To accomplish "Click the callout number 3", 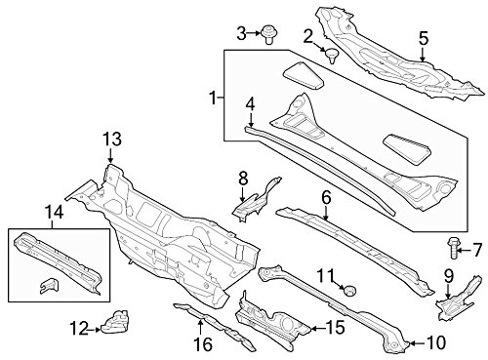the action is [241, 33].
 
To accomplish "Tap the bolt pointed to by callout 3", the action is [267, 34].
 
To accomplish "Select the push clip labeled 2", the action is [332, 56].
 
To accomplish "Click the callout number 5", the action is [424, 38].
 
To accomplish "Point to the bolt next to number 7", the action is [453, 248].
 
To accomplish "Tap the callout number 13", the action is [112, 140].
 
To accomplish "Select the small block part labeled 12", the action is [115, 322].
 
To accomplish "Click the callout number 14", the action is [54, 213].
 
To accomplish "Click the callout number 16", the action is [203, 344].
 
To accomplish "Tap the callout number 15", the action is [335, 327].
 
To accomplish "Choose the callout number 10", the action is [435, 342].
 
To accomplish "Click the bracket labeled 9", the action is [459, 298].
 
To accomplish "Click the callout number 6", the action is [326, 197].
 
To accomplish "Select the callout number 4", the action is [250, 104].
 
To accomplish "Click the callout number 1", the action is [213, 98].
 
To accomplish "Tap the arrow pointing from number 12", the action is [95, 330].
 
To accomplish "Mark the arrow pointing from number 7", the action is [463, 250].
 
